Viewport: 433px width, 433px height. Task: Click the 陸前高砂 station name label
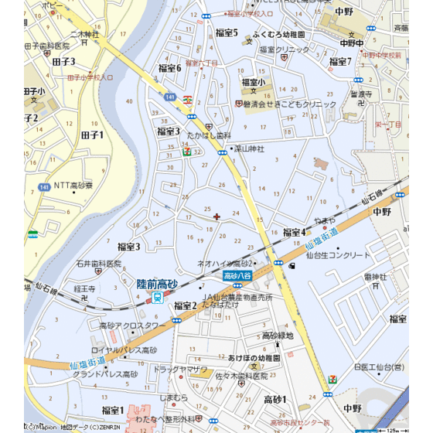coord(158,285)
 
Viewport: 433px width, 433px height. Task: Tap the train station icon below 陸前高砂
coord(179,298)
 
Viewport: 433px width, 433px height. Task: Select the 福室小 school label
coord(253,82)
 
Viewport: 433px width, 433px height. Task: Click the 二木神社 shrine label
coord(85,34)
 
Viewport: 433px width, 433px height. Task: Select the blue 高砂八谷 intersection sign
coord(237,275)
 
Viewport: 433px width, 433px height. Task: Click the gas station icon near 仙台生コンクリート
coord(292,267)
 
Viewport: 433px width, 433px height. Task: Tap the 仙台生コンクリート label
coord(339,254)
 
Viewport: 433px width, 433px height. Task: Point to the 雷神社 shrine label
coord(374,276)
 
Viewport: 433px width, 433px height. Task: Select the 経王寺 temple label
coord(84,288)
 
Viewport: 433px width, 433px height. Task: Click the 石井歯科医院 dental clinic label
coord(99,264)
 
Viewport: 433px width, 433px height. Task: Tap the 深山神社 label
coord(249,148)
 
